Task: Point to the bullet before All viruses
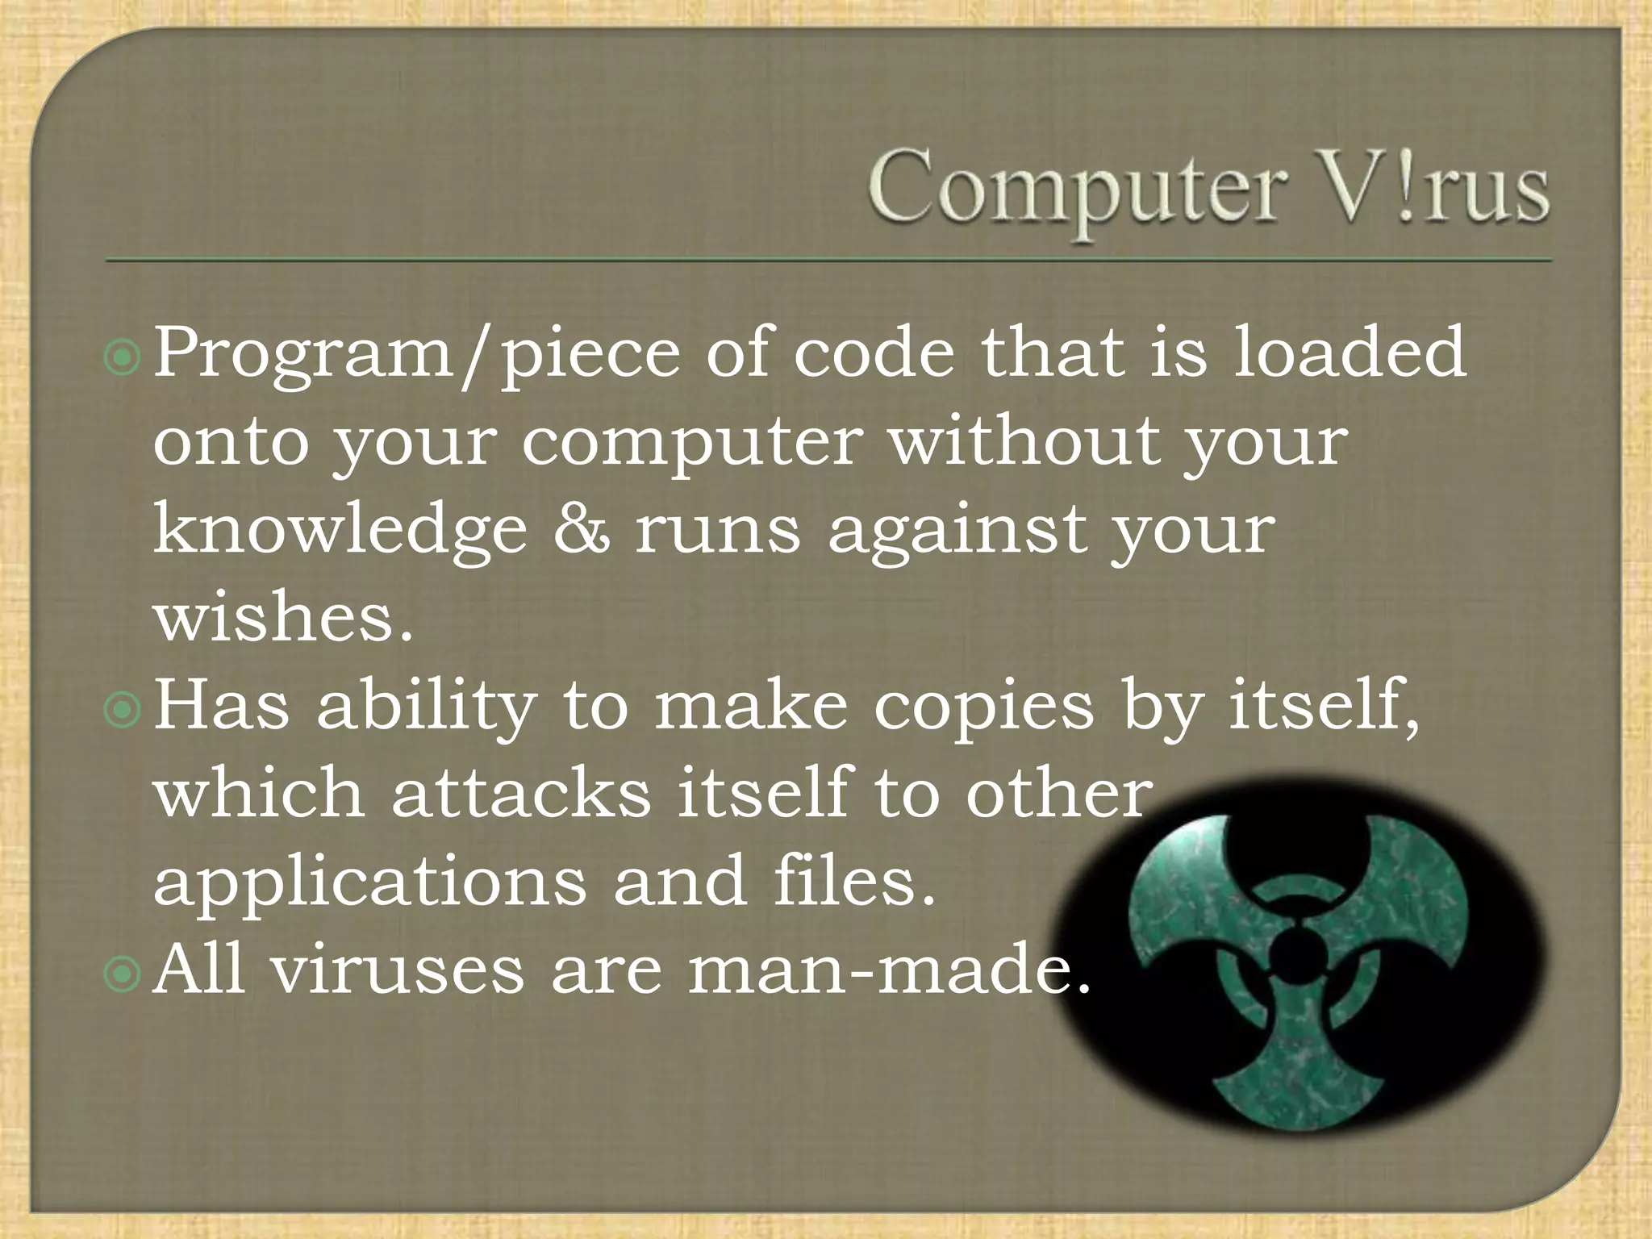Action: point(123,974)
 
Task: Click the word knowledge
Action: point(340,532)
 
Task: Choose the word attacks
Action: point(521,795)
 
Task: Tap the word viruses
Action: point(398,971)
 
